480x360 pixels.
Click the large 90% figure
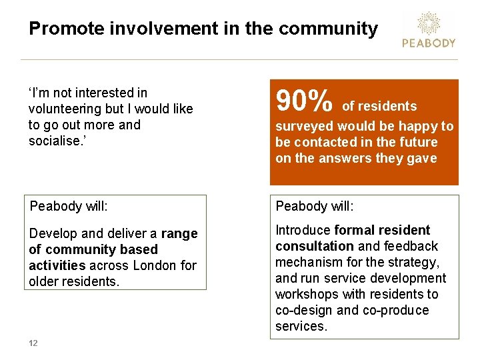point(304,102)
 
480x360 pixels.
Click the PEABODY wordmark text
point(429,43)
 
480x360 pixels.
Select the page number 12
point(33,343)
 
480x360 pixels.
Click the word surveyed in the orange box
point(304,126)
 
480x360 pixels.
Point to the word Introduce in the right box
point(303,230)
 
